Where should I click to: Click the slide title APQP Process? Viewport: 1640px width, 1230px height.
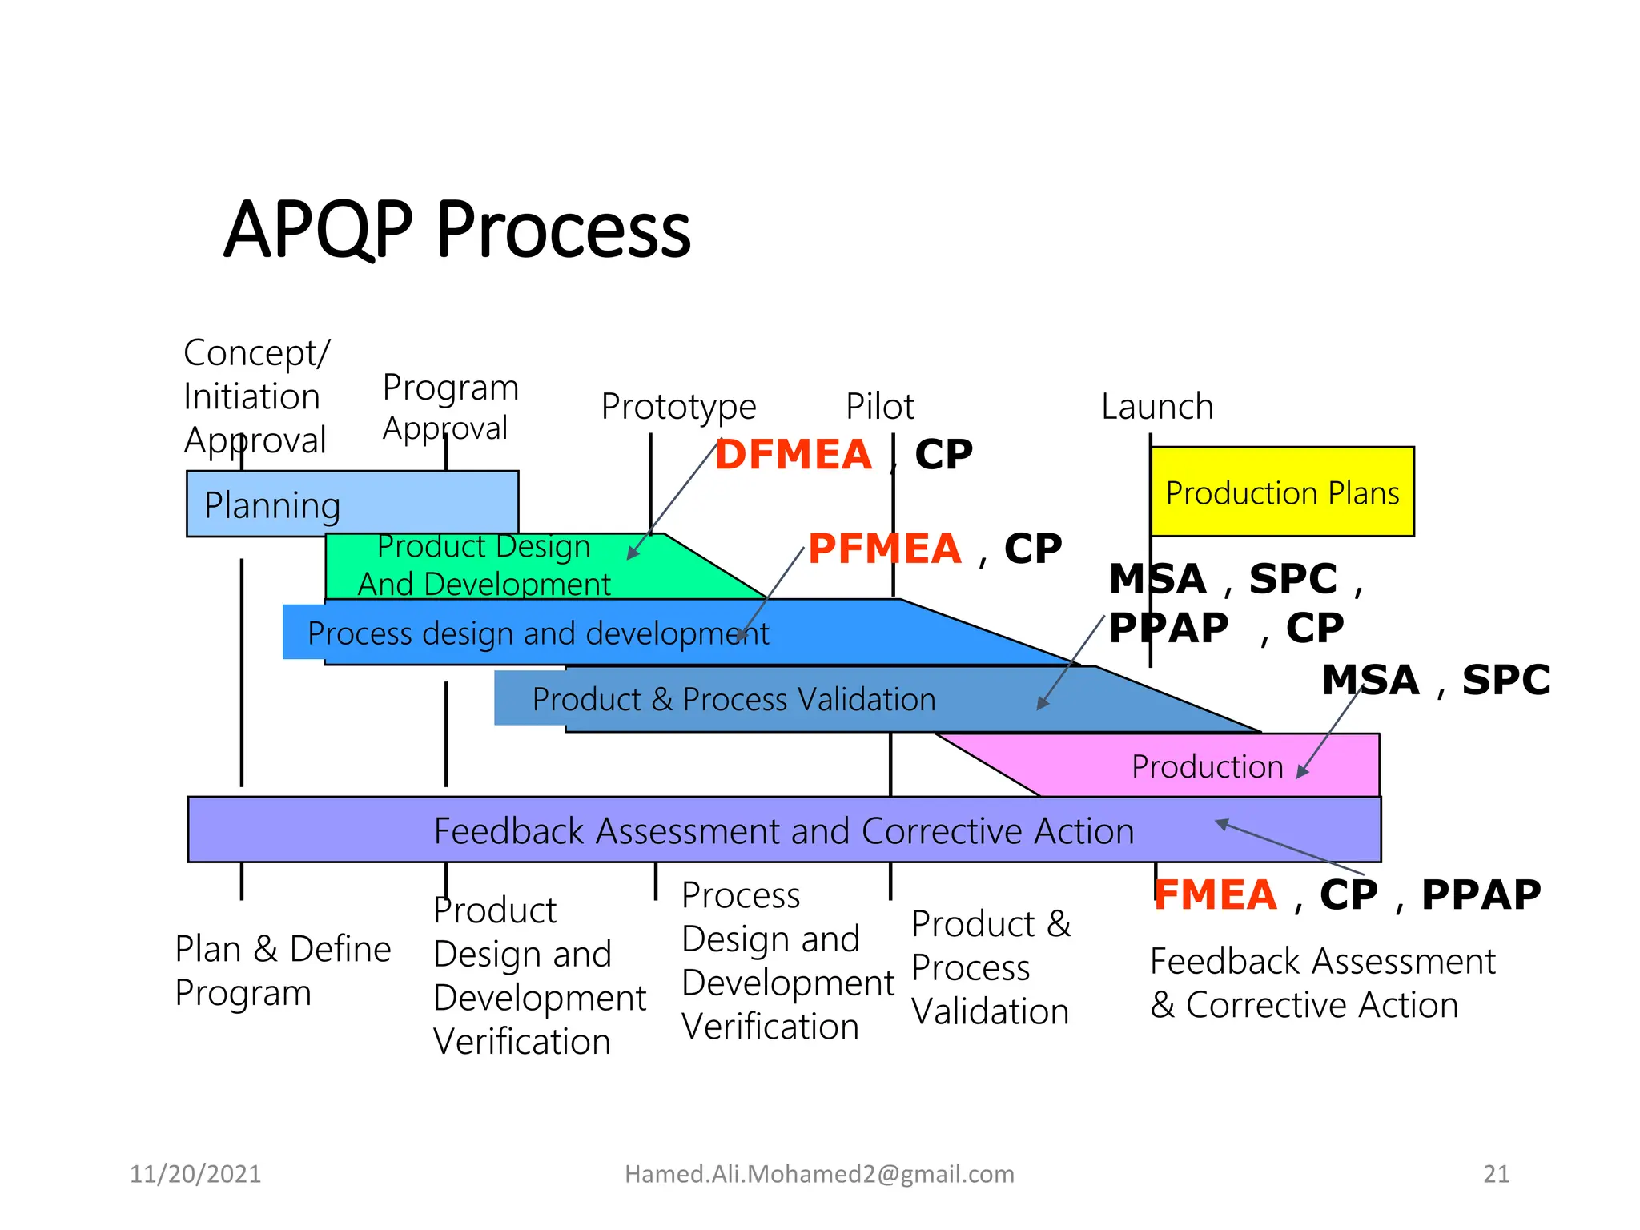coord(457,231)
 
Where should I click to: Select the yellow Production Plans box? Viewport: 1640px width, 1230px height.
coord(1282,492)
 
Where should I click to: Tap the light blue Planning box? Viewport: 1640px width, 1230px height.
coord(352,504)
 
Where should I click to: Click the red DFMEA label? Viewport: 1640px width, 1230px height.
coord(793,454)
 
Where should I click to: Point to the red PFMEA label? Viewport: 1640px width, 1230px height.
coord(884,549)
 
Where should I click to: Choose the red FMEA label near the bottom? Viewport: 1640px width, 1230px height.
coord(1216,894)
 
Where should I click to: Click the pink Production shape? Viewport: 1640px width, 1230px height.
coord(1208,766)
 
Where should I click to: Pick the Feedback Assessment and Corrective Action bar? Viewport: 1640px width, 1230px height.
coord(783,830)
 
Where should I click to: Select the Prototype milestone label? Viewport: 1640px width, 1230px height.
coord(678,407)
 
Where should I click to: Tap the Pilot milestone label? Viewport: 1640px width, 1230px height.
coord(879,407)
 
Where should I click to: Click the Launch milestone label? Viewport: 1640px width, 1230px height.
coord(1157,407)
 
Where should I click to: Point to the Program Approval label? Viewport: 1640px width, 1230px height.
coord(450,407)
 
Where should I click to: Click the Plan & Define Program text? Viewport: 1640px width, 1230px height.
coord(283,971)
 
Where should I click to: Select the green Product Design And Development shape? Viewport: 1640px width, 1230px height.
coord(484,565)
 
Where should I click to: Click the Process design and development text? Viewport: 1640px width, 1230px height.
coord(537,633)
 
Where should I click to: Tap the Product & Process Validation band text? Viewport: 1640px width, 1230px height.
coord(734,699)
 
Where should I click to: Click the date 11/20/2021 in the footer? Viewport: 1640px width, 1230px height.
coord(195,1174)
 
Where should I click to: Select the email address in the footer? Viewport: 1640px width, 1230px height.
coord(819,1174)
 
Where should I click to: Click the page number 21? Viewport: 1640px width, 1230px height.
coord(1496,1174)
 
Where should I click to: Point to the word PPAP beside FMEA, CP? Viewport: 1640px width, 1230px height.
coord(1481,894)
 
